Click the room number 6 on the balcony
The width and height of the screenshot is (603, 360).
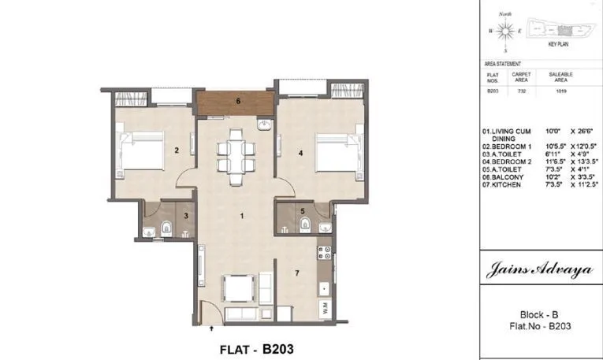click(238, 100)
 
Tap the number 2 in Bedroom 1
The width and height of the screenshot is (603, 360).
click(177, 150)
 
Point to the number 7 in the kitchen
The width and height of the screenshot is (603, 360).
click(296, 273)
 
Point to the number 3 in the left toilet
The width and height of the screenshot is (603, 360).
click(186, 215)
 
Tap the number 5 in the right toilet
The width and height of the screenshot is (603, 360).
click(303, 211)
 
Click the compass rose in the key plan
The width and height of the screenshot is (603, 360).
click(507, 30)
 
